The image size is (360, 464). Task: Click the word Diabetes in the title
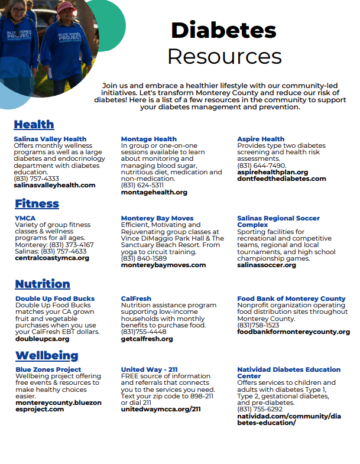coord(223,30)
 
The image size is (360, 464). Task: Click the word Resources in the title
coord(224,57)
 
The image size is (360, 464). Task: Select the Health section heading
coord(34,124)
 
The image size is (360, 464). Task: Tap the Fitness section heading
coord(37,203)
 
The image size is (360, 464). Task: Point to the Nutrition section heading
coord(43,284)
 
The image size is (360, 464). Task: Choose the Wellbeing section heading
coord(47,355)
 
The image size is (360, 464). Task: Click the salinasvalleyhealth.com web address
coord(54,185)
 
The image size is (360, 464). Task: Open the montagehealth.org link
coord(154,192)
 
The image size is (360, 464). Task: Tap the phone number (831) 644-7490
coord(261,166)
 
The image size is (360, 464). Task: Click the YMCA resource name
coord(25,218)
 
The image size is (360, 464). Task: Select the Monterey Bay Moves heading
coord(157,218)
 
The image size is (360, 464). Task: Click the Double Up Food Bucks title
coord(55,298)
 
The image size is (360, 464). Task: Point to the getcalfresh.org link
coord(147,339)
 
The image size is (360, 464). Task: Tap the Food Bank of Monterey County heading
coord(291,298)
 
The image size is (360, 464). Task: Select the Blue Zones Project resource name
coord(48,369)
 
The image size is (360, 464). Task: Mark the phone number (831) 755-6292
coord(260,408)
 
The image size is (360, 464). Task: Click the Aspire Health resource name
coord(261,139)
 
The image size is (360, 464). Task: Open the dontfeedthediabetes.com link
coord(281,178)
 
